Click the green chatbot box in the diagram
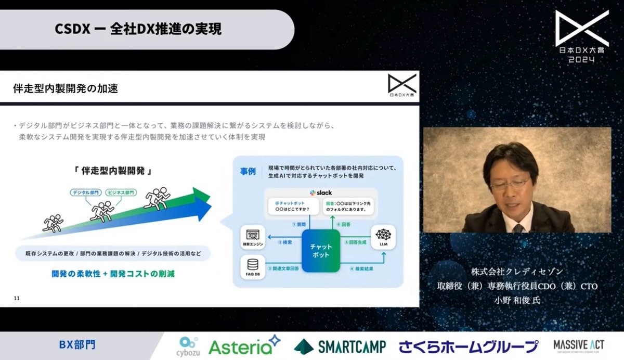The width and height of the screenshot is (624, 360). tap(321, 251)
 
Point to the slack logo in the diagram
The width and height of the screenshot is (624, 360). tap(320, 192)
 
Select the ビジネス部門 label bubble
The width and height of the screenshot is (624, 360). tap(121, 192)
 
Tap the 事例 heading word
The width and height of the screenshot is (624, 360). tap(248, 172)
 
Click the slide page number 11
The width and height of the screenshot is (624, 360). tap(17, 298)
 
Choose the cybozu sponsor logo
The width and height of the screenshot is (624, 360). tap(188, 346)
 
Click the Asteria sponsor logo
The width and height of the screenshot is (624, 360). tap(244, 346)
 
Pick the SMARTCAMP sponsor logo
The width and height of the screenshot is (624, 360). tap(340, 346)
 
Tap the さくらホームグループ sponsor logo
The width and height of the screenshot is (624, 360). tap(469, 346)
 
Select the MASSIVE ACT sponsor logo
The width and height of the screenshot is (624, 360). tap(578, 346)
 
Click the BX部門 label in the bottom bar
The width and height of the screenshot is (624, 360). tap(77, 345)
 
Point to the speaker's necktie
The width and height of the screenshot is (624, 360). tap(517, 227)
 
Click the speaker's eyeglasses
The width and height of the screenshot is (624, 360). tap(510, 184)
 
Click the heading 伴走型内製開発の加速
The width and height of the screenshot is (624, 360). tap(66, 88)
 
